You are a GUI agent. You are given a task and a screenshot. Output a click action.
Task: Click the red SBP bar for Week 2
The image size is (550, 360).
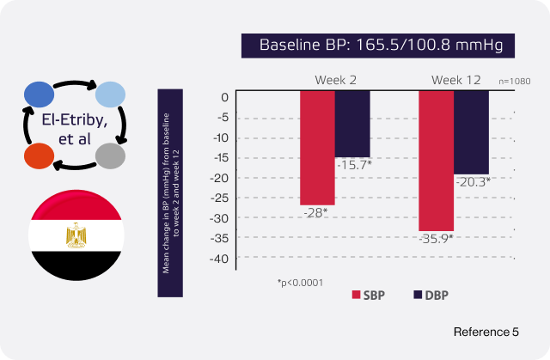coord(317,147)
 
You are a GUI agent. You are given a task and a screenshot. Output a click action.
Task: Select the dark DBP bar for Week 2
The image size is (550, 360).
coord(352,124)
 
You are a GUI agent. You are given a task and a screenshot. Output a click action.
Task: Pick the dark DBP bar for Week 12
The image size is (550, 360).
coord(471,132)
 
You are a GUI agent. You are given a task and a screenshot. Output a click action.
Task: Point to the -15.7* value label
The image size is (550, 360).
coord(353,164)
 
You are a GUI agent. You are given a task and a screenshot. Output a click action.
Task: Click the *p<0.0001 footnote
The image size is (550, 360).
coord(299,282)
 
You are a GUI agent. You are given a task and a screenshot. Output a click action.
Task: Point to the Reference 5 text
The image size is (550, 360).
coord(486,330)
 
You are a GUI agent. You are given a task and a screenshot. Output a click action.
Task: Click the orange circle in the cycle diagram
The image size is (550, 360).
coord(40,156)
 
